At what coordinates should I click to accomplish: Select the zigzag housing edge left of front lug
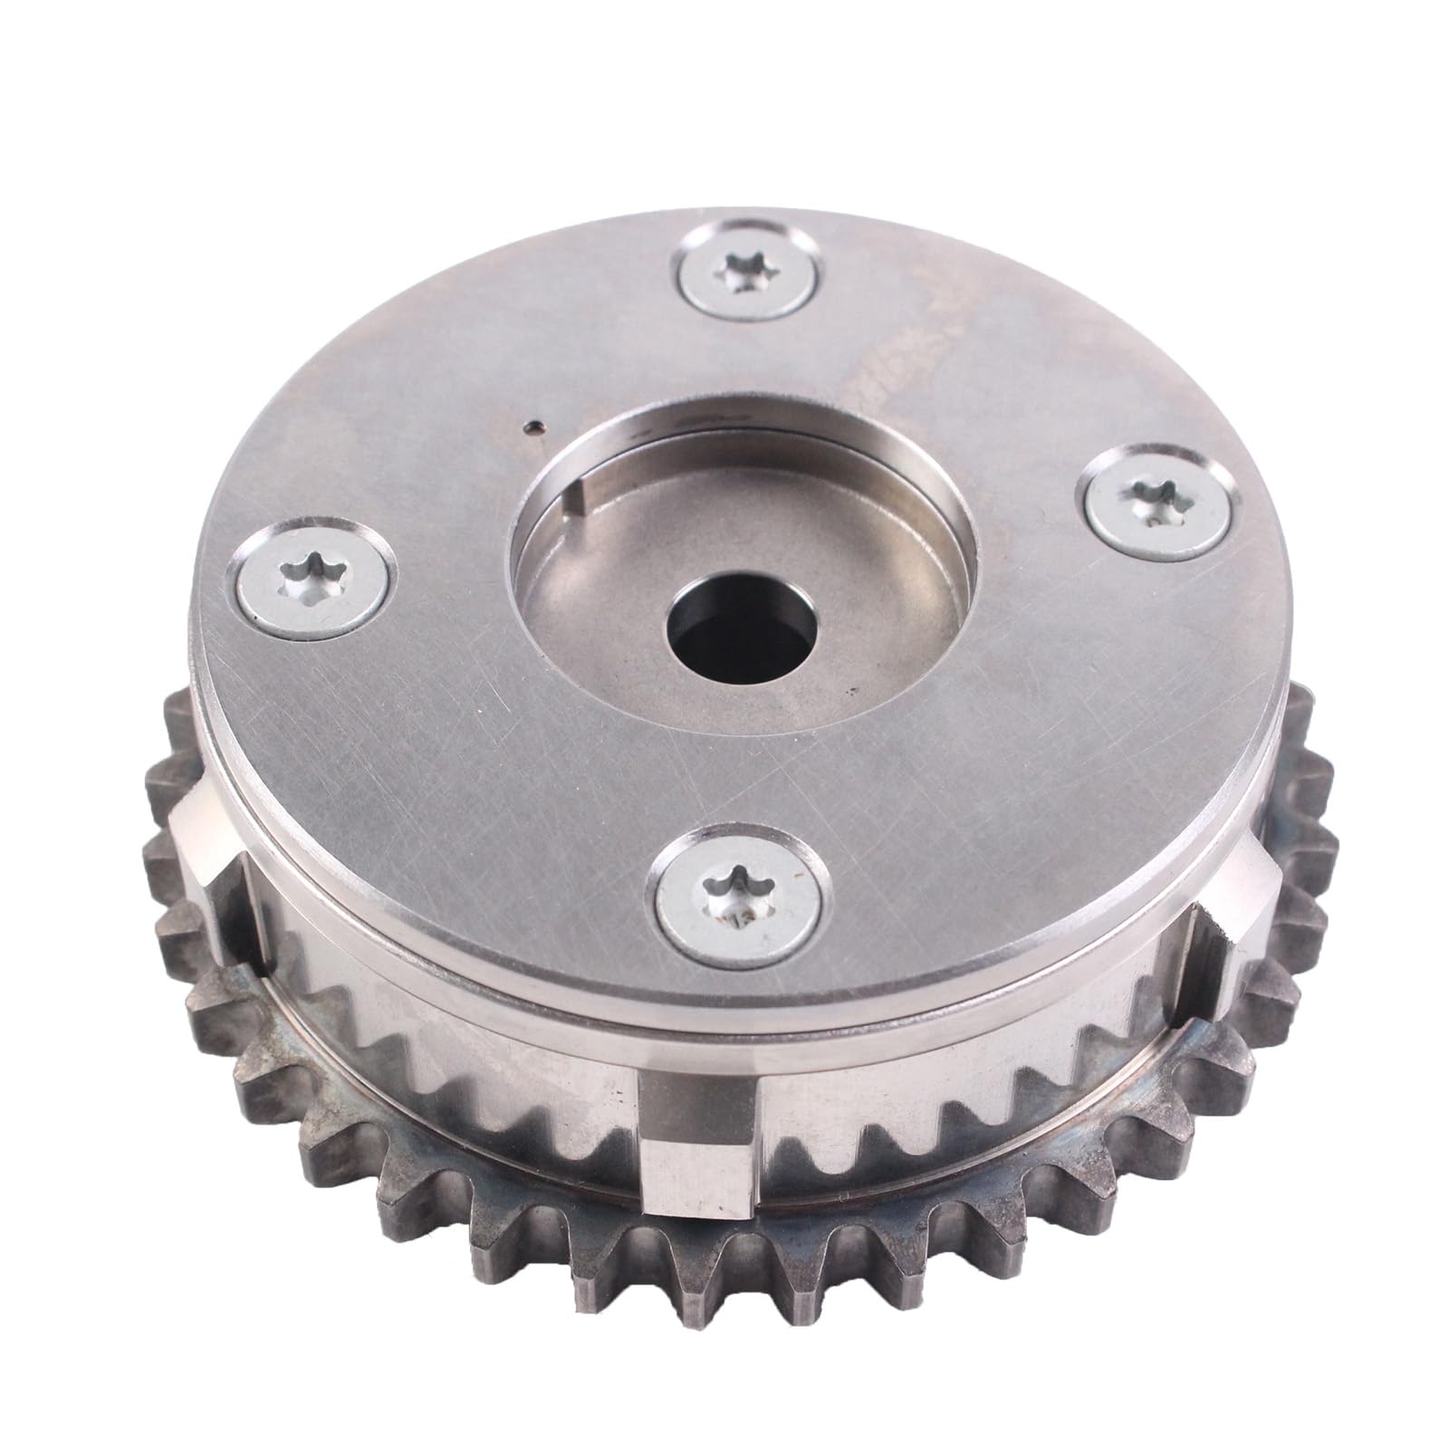click(471, 1051)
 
